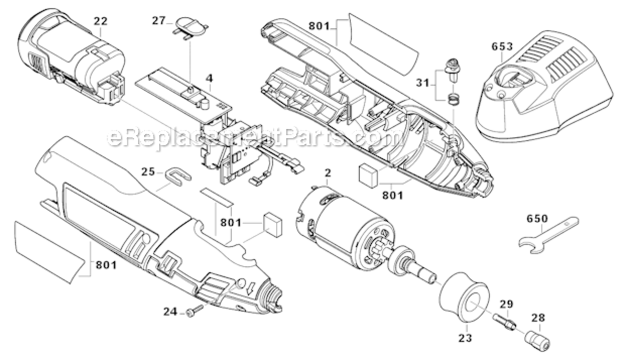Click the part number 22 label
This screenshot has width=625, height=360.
coord(100,21)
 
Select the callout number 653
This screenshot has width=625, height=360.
coord(502,47)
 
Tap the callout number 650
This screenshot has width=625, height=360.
coord(537,218)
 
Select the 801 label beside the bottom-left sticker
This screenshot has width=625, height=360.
coord(106,264)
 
